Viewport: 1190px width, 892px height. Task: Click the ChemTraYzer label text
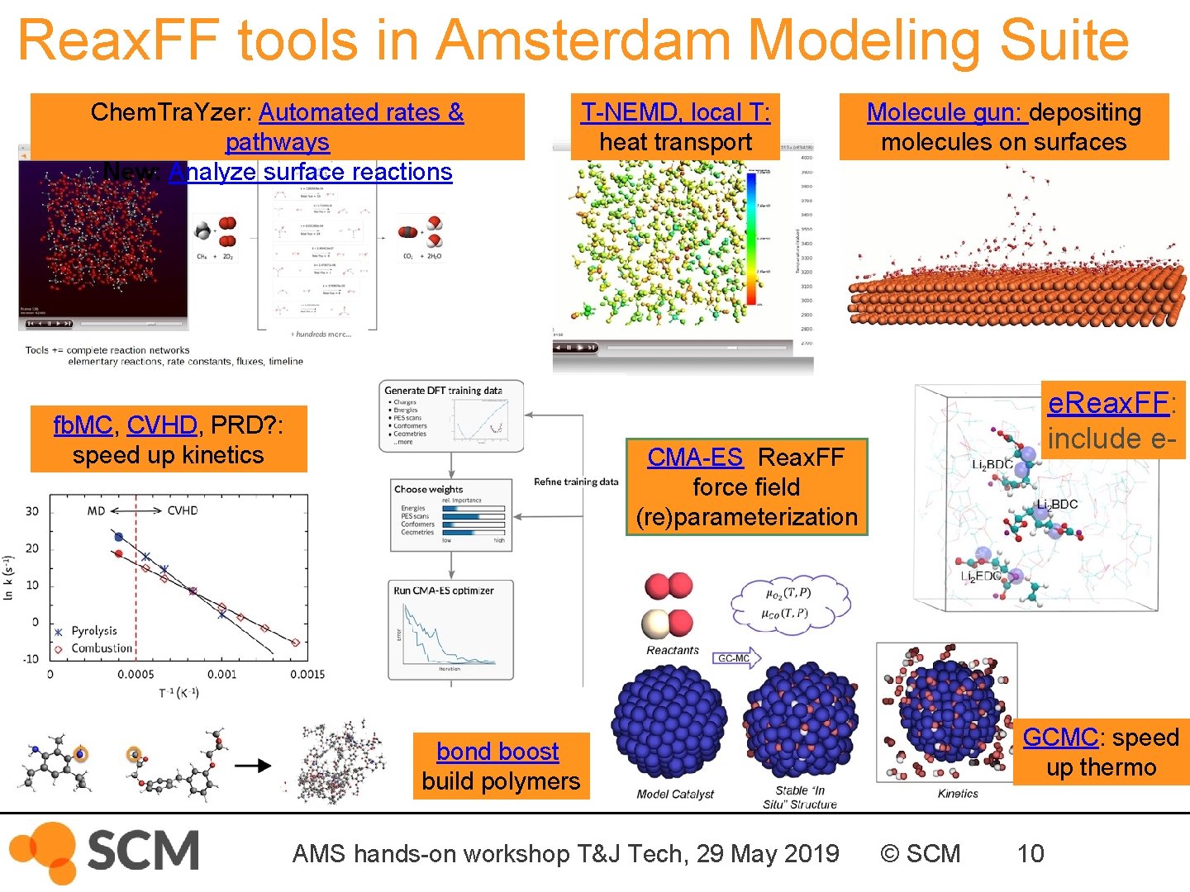[172, 112]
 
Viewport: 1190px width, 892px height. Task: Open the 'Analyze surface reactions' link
[311, 172]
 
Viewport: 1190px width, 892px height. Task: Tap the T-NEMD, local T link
[675, 112]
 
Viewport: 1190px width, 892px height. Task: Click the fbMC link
[82, 425]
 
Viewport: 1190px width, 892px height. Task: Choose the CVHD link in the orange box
[162, 425]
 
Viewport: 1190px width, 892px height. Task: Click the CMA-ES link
[694, 457]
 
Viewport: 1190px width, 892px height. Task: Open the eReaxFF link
[1108, 403]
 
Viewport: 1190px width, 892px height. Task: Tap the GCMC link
[1060, 737]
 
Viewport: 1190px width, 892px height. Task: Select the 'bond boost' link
[497, 752]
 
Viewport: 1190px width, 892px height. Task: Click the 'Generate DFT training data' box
[452, 416]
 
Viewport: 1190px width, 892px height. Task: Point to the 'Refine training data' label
[576, 482]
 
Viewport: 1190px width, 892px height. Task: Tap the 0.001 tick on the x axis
[221, 674]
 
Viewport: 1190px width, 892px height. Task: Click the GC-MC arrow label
[735, 658]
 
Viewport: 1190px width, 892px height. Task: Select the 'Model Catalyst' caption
[675, 794]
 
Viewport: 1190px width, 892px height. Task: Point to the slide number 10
[1031, 853]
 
